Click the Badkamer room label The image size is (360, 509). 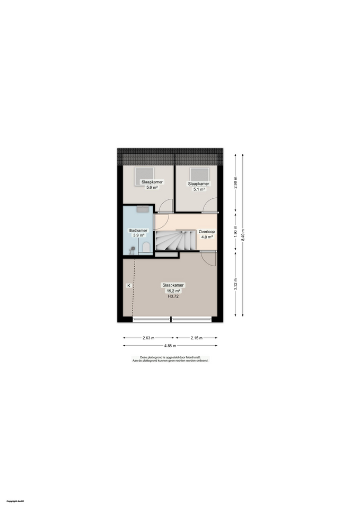pos(138,231)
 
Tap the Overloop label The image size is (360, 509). pos(206,232)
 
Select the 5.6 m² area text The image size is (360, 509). pos(152,187)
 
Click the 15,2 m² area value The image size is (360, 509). pos(173,291)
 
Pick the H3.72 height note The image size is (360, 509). pos(173,297)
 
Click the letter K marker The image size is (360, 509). pos(128,286)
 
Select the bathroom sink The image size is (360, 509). pos(142,209)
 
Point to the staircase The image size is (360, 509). pos(175,241)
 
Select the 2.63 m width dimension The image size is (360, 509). pos(149,338)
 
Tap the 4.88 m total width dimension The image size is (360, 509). pos(170,346)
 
